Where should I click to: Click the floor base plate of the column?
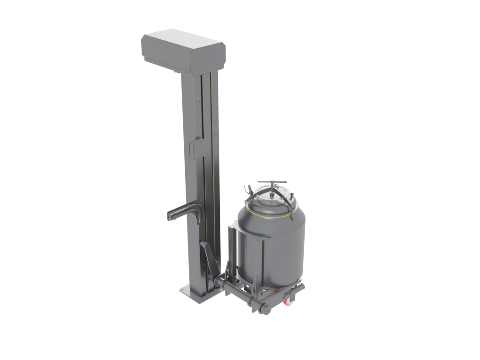coord(197,293)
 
